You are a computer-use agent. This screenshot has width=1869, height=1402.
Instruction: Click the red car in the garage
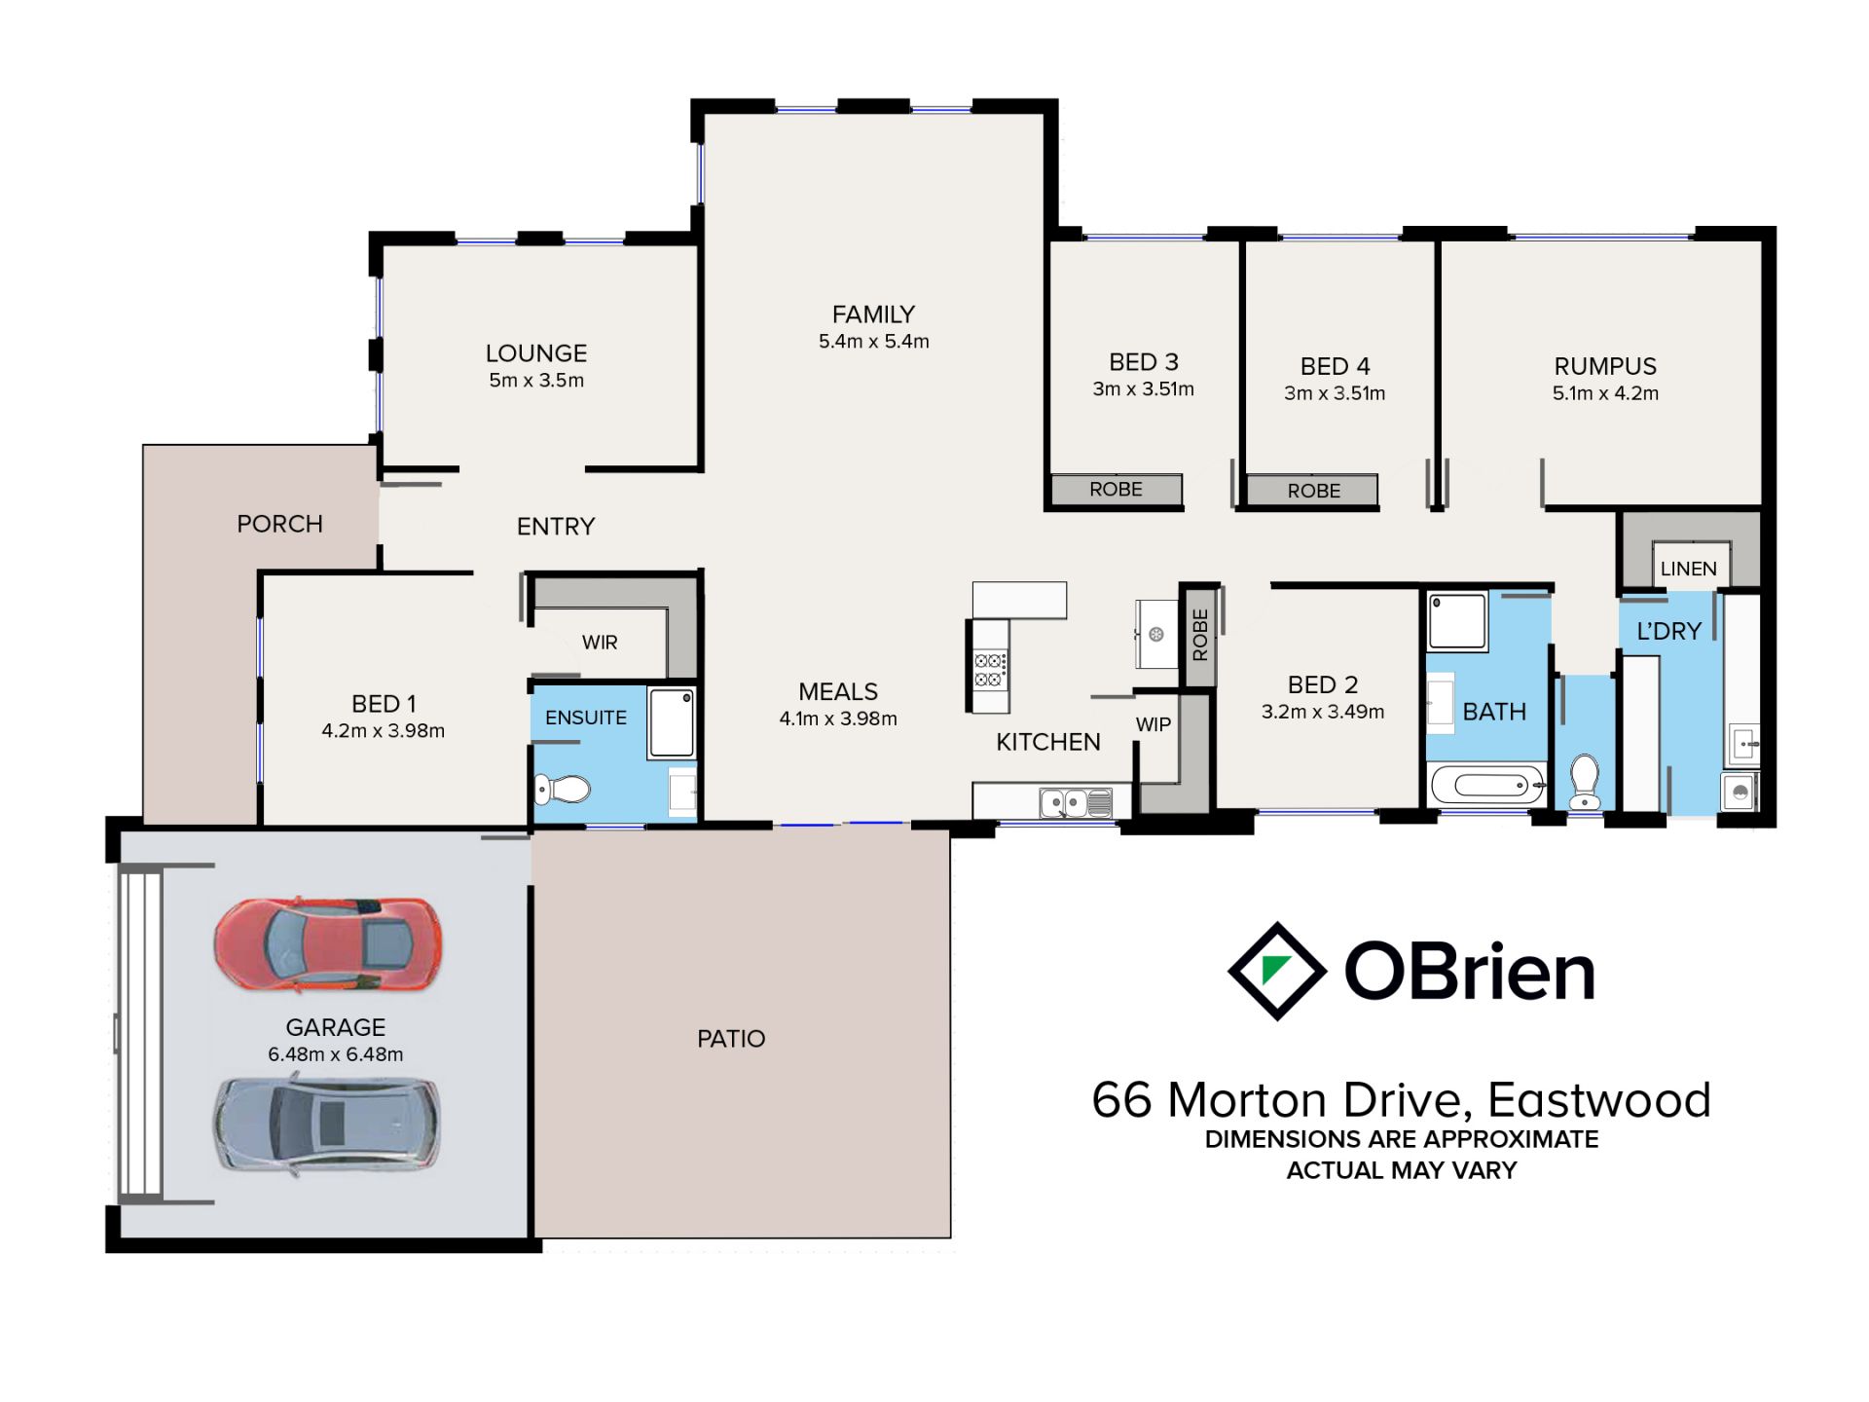(x=328, y=944)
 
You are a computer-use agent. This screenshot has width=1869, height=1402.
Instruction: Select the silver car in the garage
(x=327, y=1124)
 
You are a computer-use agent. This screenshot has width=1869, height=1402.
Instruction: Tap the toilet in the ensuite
(x=563, y=789)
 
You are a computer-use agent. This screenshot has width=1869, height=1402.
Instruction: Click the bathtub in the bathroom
(x=1486, y=784)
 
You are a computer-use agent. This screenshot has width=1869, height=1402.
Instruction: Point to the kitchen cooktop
(x=990, y=668)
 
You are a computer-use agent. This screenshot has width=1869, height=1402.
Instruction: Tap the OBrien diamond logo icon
(x=1276, y=971)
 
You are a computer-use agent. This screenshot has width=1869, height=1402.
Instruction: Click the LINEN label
(x=1689, y=569)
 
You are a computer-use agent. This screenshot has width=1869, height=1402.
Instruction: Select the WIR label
(x=600, y=643)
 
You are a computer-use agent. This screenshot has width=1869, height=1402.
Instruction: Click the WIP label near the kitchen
(x=1154, y=724)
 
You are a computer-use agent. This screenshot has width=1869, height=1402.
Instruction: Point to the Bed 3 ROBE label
(x=1116, y=489)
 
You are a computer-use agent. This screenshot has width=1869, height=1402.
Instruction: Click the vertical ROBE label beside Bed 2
(x=1200, y=635)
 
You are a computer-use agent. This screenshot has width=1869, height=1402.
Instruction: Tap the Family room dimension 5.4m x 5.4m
(x=874, y=342)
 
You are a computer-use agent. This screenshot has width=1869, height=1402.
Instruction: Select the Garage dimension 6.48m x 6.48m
(x=336, y=1054)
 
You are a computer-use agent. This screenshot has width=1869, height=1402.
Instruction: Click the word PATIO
(x=731, y=1039)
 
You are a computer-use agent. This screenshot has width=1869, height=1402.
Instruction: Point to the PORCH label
(x=279, y=524)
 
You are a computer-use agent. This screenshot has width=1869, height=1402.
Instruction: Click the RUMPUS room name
(x=1605, y=366)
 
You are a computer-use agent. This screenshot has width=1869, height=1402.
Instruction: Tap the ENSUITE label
(x=586, y=718)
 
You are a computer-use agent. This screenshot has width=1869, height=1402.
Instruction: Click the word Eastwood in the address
(x=1598, y=1100)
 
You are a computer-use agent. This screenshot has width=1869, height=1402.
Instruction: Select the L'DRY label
(x=1668, y=631)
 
